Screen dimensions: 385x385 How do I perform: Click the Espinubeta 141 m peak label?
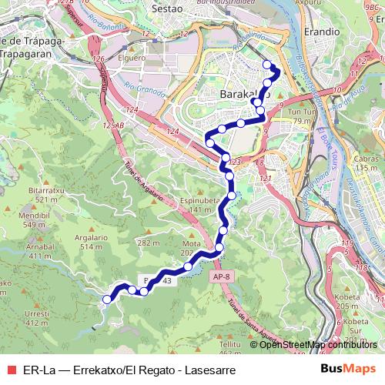[x=202, y=203]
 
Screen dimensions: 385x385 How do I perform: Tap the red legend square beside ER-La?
[x=12, y=370]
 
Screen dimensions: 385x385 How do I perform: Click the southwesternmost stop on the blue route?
[x=107, y=296]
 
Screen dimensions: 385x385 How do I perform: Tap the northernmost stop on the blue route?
[x=267, y=65]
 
